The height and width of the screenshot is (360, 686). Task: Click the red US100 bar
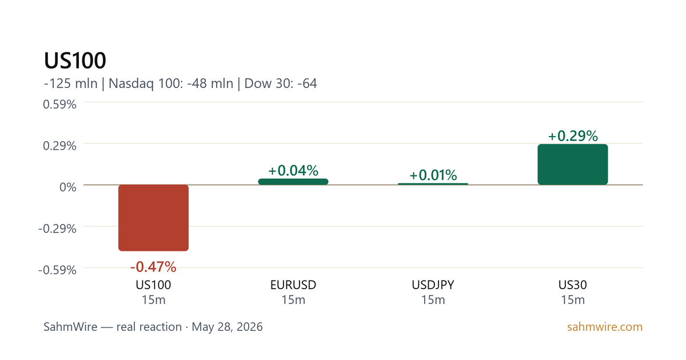pyautogui.click(x=153, y=218)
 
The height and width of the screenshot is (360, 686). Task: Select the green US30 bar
pyautogui.click(x=573, y=165)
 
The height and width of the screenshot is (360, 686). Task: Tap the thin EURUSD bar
pyautogui.click(x=293, y=182)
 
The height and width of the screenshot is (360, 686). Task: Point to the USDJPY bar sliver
pyautogui.click(x=433, y=184)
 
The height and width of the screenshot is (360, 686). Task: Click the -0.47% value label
pyautogui.click(x=153, y=267)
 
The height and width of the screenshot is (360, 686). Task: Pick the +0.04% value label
pyautogui.click(x=293, y=170)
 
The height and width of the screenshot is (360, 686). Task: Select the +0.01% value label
pyautogui.click(x=433, y=175)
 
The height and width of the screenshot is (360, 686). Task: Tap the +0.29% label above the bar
pyautogui.click(x=573, y=136)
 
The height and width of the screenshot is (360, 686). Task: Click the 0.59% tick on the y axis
pyautogui.click(x=59, y=105)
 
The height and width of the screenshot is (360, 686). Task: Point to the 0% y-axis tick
pyautogui.click(x=68, y=187)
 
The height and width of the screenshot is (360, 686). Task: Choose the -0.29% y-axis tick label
pyautogui.click(x=57, y=229)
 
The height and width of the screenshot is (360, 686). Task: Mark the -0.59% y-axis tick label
pyautogui.click(x=57, y=270)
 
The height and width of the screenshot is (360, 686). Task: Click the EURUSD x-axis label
pyautogui.click(x=293, y=285)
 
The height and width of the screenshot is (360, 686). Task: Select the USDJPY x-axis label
pyautogui.click(x=433, y=285)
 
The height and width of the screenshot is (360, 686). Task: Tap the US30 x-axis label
pyautogui.click(x=573, y=285)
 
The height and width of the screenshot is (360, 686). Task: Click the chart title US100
pyautogui.click(x=75, y=61)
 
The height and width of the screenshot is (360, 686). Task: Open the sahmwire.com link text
pyautogui.click(x=605, y=327)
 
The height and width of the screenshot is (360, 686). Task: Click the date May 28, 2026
pyautogui.click(x=228, y=327)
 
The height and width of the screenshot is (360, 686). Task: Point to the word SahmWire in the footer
pyautogui.click(x=70, y=327)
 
